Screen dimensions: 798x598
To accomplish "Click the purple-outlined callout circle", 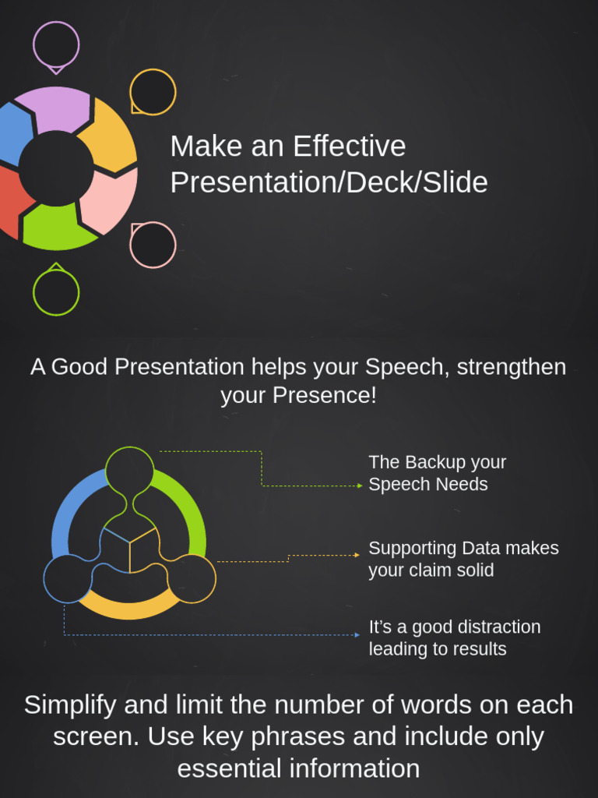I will [x=56, y=44].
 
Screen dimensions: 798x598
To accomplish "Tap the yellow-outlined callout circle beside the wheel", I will [x=153, y=92].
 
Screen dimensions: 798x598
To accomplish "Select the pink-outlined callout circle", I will [x=153, y=245].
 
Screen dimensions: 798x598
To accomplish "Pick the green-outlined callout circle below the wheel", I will [x=56, y=292].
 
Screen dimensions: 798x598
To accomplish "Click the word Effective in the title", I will [x=349, y=147].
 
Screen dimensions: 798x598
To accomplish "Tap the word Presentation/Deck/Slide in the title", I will [x=329, y=182].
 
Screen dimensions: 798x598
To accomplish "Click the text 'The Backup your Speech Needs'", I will [x=437, y=473].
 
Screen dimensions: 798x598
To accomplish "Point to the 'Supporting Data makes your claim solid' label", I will [x=463, y=559].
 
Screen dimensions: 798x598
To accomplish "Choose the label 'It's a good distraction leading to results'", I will [x=454, y=637].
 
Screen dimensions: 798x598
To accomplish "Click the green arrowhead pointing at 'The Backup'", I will [x=359, y=486].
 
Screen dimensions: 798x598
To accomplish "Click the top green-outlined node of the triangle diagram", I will [x=130, y=471].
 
